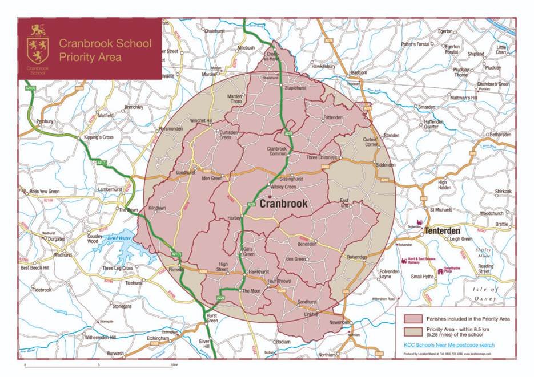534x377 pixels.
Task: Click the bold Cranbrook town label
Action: click(x=284, y=204)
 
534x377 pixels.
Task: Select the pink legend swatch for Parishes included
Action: click(x=411, y=318)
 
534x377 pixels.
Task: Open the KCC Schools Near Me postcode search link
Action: click(x=456, y=345)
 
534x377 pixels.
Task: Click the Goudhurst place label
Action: click(x=185, y=172)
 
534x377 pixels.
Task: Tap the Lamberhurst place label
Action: click(x=111, y=189)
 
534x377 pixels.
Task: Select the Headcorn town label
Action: click(x=358, y=73)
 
